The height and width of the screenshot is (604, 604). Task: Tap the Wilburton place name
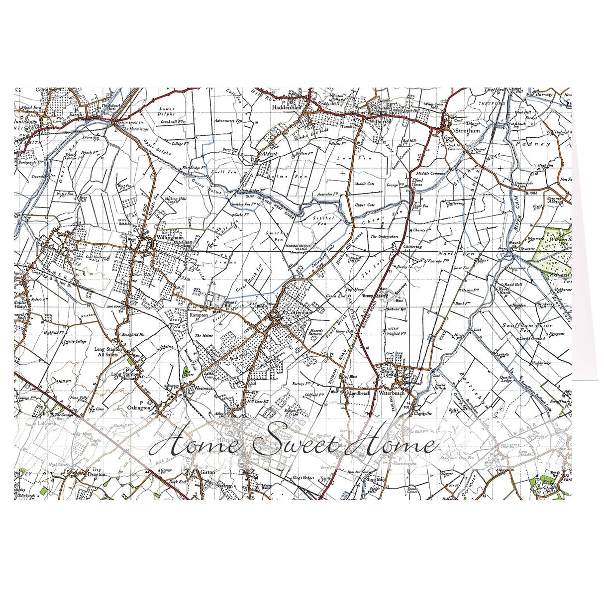coord(381,121)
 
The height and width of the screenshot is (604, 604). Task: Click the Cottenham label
coord(299,312)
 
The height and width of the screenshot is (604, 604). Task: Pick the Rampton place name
coord(199,315)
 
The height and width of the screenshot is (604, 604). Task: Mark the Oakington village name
coord(139,407)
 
